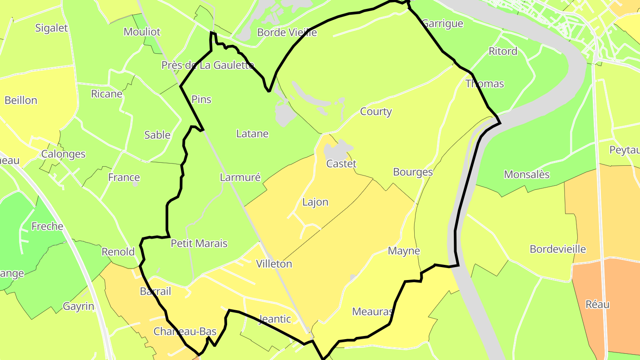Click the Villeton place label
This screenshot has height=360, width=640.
coord(274,264)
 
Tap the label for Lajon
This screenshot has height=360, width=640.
coord(315,202)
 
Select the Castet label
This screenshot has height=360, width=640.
coord(341,164)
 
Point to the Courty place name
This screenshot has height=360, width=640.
coord(376,112)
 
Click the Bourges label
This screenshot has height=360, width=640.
coord(413,172)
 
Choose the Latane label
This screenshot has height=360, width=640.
coord(252,134)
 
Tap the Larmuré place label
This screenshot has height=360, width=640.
coord(240,178)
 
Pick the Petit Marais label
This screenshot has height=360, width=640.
coord(199,244)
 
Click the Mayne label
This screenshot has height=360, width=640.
coord(404,251)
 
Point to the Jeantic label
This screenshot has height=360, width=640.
coord(275,319)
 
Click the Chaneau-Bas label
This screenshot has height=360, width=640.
coord(185,332)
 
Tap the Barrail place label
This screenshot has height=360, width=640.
coord(156,292)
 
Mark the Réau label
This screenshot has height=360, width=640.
coord(597,305)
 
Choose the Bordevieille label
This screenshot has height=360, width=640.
coord(558,249)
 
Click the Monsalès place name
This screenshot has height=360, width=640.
coord(527,175)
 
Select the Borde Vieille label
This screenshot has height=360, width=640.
coord(287,32)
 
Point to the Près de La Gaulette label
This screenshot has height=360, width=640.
coord(208,65)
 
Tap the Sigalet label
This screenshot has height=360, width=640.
coord(52,28)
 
